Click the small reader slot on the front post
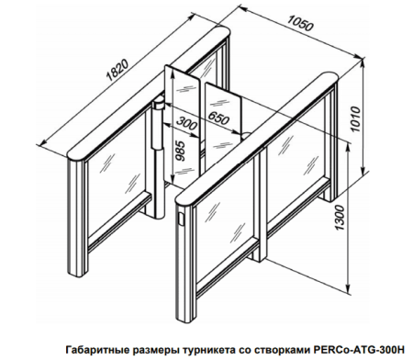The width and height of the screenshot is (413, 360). pos(182,221)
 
